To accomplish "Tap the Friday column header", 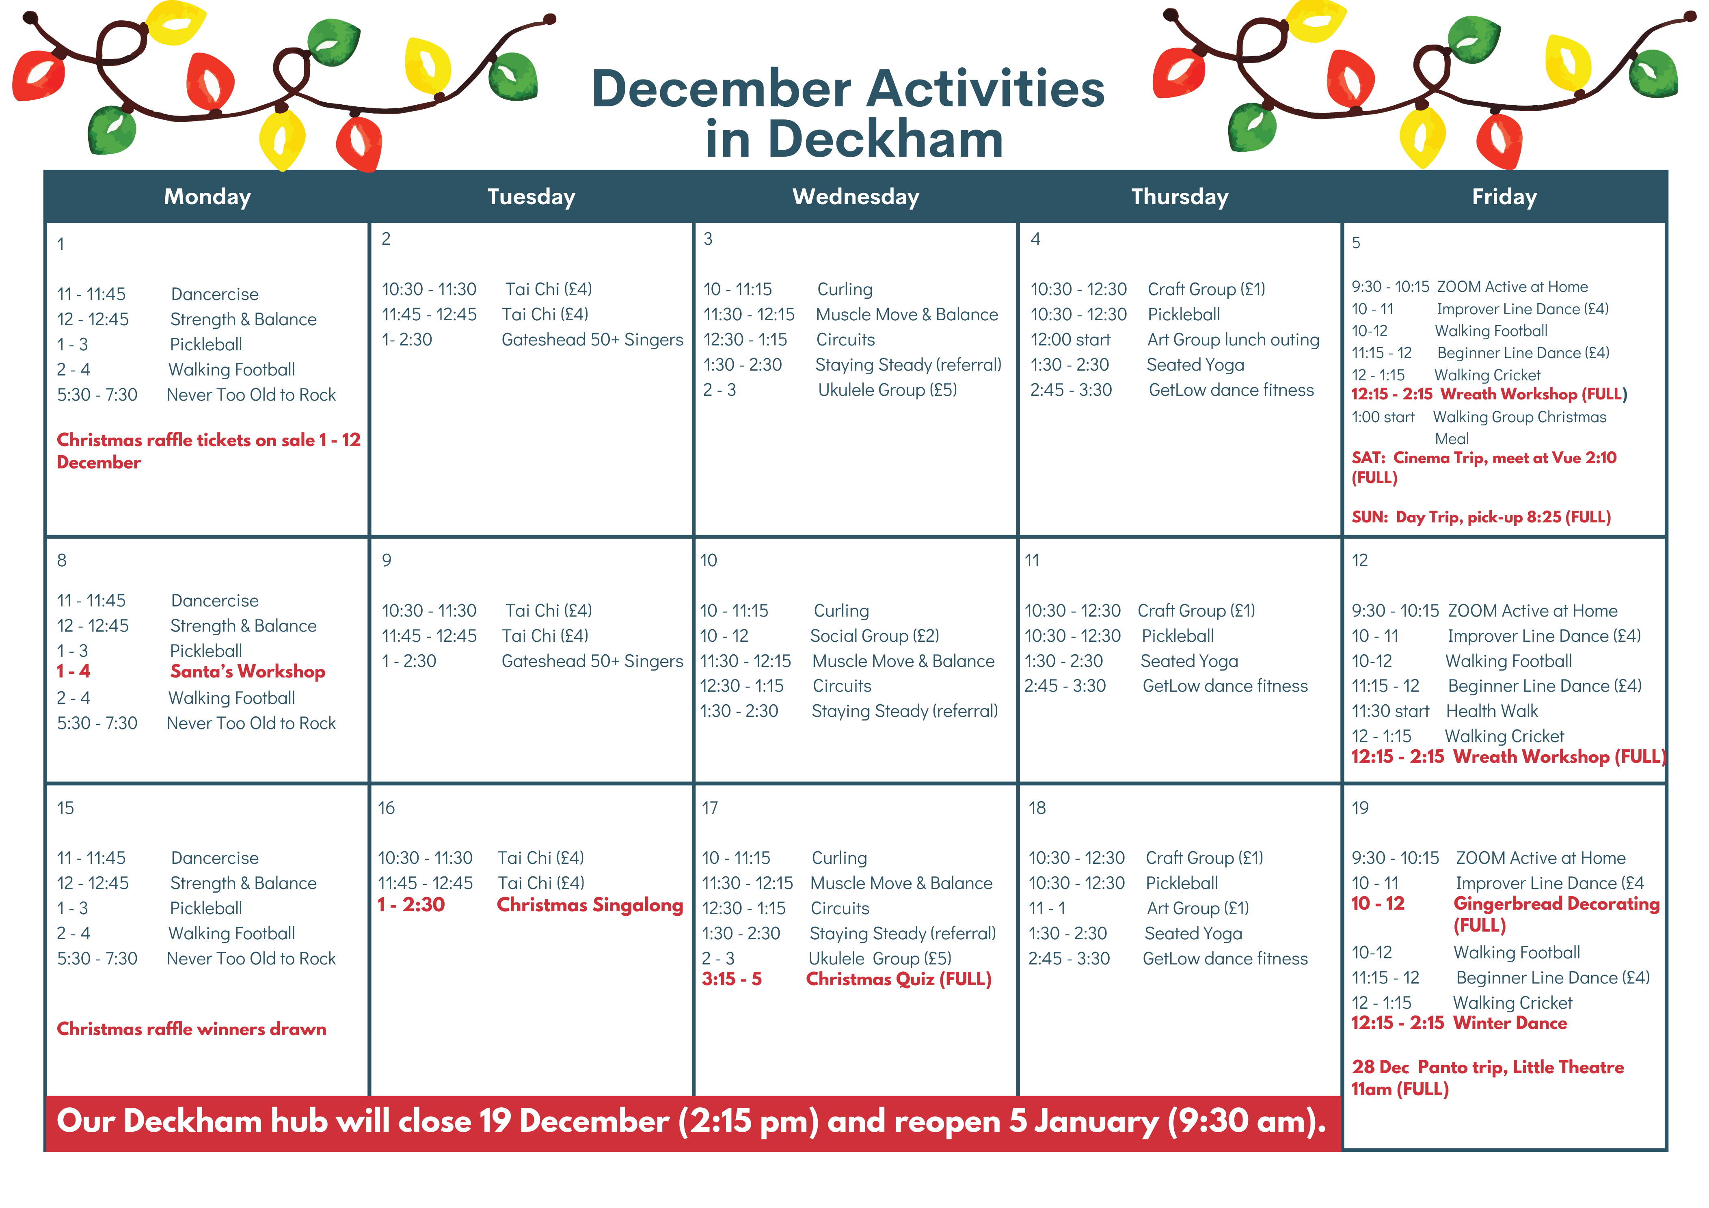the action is [x=1504, y=196].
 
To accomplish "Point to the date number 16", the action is [x=386, y=808].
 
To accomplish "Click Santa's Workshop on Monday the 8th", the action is [x=248, y=671].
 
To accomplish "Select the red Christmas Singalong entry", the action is [x=590, y=905].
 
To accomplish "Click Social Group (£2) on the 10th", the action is [x=875, y=636].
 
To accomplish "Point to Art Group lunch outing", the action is [x=1234, y=339].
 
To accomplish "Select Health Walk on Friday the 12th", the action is [x=1492, y=711].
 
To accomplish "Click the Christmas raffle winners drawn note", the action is [x=191, y=1029].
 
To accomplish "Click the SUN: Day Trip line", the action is [x=1481, y=517].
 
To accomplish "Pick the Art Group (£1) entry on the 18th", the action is [x=1198, y=908].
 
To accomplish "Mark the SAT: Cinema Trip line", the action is [x=1484, y=468].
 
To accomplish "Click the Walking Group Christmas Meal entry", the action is [x=1519, y=427].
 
